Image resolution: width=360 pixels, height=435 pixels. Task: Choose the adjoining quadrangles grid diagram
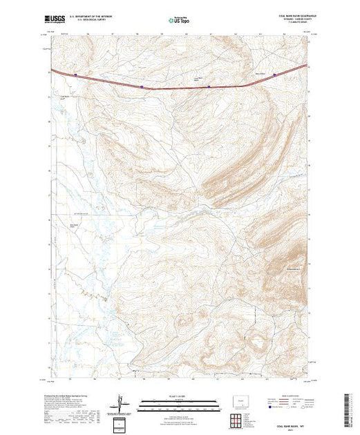click(238, 420)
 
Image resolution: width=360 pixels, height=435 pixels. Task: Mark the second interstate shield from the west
click(142, 88)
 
